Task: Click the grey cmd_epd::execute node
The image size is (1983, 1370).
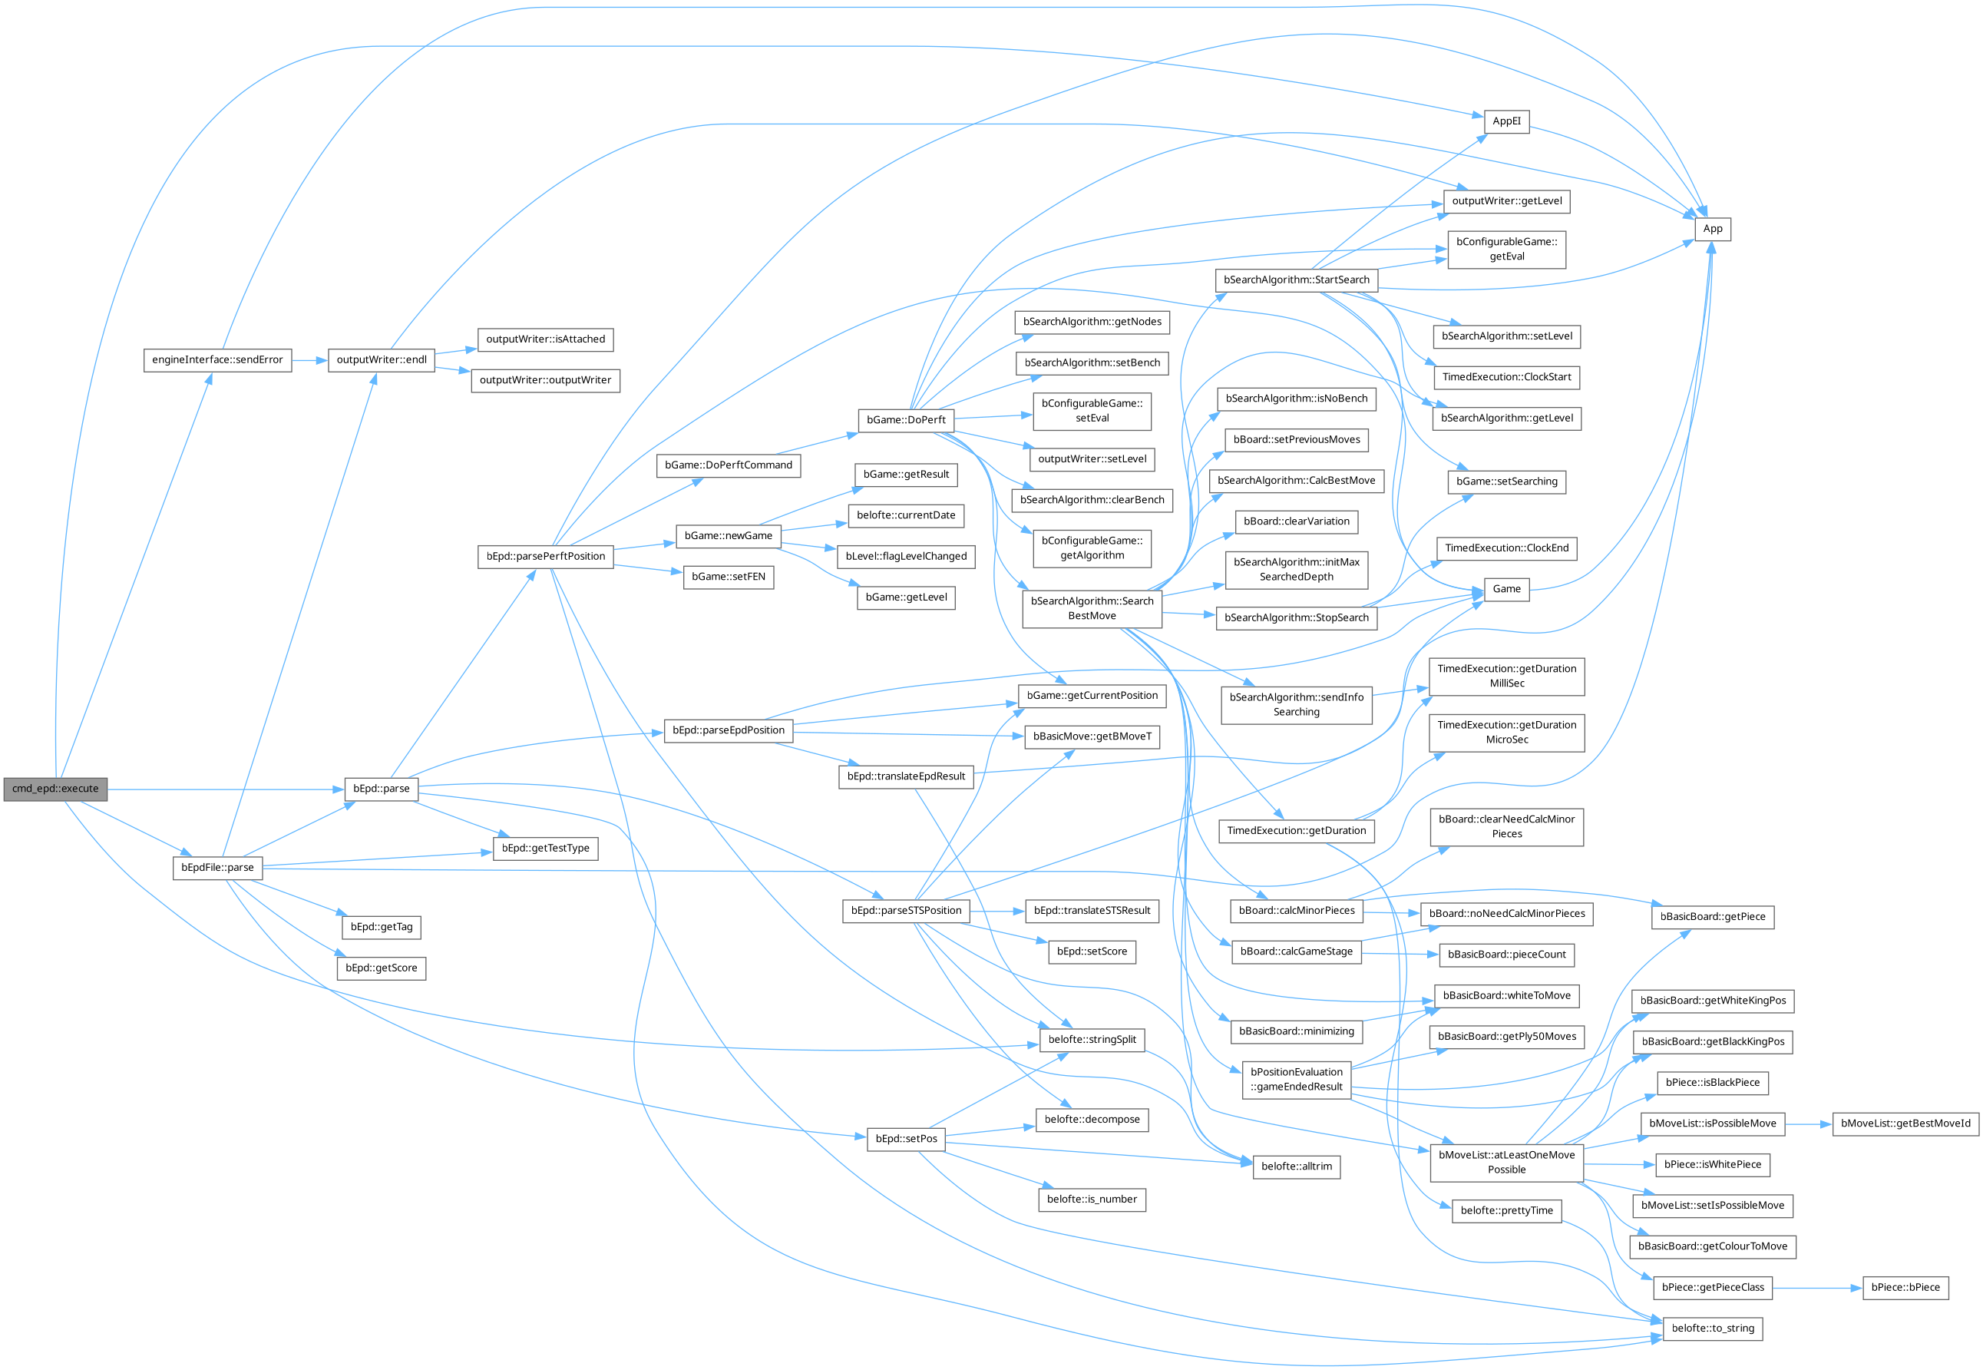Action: click(55, 789)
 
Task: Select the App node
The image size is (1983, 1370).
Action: click(1712, 229)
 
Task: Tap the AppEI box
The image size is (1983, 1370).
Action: click(1506, 122)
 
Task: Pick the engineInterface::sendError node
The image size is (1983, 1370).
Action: click(217, 359)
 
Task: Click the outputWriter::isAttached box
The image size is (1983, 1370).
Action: click(545, 339)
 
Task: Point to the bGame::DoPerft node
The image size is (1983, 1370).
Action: click(905, 420)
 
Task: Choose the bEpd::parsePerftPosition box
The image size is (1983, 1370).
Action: click(546, 556)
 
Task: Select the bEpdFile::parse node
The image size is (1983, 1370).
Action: click(217, 868)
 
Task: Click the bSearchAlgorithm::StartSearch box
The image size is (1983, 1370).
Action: click(1296, 280)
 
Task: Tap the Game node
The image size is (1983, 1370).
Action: click(1506, 589)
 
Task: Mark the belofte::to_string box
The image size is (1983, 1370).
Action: click(1712, 1328)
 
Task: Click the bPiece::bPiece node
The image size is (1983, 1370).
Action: click(1905, 1288)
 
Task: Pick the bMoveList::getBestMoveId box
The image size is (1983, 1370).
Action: click(1905, 1123)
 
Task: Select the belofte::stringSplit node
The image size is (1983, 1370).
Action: click(1092, 1040)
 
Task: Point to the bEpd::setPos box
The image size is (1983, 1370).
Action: click(905, 1139)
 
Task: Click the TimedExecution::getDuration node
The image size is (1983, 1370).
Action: click(1296, 831)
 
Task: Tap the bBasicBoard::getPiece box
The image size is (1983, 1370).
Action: click(1712, 917)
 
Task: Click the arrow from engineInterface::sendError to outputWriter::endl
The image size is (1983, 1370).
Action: click(309, 360)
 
